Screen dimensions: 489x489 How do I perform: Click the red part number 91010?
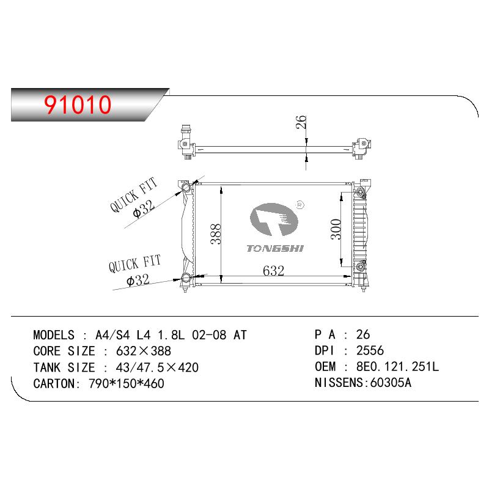78,105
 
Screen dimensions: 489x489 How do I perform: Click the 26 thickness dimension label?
301,122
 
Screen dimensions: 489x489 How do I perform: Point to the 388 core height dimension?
216,234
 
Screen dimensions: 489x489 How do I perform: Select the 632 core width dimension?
273,271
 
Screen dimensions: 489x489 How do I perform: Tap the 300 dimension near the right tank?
336,229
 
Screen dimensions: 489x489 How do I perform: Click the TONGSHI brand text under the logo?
275,249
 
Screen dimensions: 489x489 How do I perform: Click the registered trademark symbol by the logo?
300,205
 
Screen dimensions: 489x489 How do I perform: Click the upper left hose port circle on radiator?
186,188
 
